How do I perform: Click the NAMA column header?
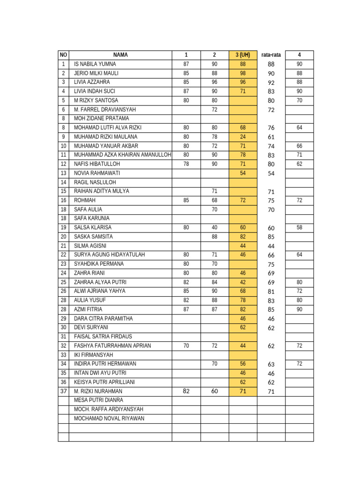coord(120,55)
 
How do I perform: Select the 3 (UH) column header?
coord(243,55)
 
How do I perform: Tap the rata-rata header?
coord(271,55)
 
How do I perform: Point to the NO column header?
coord(63,55)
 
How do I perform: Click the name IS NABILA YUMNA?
coord(95,64)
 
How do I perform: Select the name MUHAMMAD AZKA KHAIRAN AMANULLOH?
coord(122,155)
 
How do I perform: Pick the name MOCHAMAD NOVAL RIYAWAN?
coord(109,419)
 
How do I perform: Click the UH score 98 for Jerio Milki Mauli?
coord(243,73)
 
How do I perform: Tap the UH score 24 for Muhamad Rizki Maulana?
coord(243,137)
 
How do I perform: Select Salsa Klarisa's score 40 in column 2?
coord(214,227)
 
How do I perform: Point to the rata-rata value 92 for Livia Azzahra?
coord(271,82)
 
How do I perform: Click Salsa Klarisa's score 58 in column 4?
coord(299,227)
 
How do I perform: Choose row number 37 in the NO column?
coord(63,391)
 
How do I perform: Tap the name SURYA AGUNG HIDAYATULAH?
coord(109,255)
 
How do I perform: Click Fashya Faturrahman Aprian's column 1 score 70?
coord(186,345)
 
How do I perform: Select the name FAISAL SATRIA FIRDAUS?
coord(103,337)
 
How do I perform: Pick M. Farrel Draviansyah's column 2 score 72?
coord(214,109)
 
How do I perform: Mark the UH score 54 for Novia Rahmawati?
coord(243,173)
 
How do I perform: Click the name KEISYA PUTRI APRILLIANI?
coord(105,382)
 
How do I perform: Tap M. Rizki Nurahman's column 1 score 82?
coord(186,391)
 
